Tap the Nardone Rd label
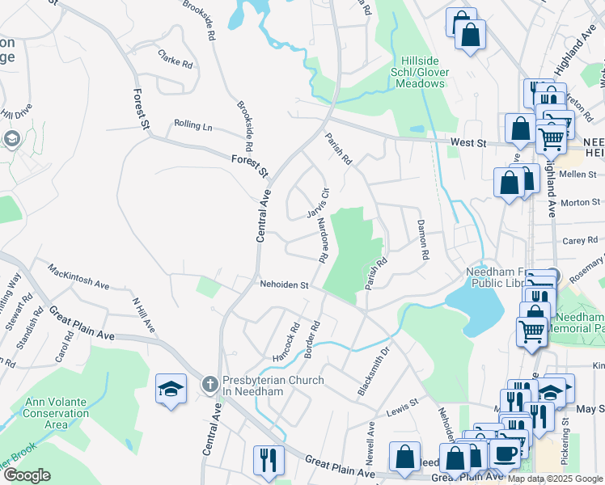click(321, 240)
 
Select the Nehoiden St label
click(285, 285)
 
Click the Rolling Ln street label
click(192, 126)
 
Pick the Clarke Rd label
click(176, 58)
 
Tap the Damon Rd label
click(422, 238)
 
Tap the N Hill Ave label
click(142, 316)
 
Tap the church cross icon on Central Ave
click(209, 386)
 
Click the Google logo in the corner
click(27, 475)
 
